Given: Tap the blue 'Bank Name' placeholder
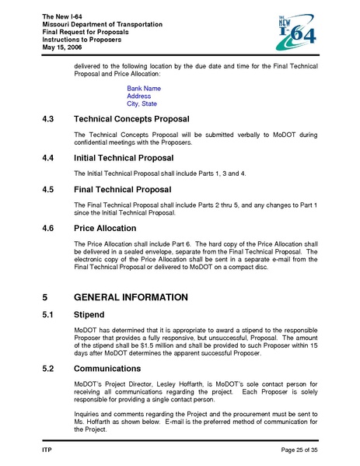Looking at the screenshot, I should pyautogui.click(x=144, y=89).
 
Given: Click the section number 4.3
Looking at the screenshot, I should pyautogui.click(x=49, y=121).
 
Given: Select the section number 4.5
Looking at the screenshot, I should pyautogui.click(x=49, y=188).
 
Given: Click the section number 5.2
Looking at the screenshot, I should pyautogui.click(x=49, y=368).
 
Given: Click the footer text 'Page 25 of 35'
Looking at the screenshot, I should pyautogui.click(x=294, y=450).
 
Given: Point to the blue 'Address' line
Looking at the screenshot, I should pyautogui.click(x=139, y=96).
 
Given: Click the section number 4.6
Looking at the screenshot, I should pyautogui.click(x=49, y=229).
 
